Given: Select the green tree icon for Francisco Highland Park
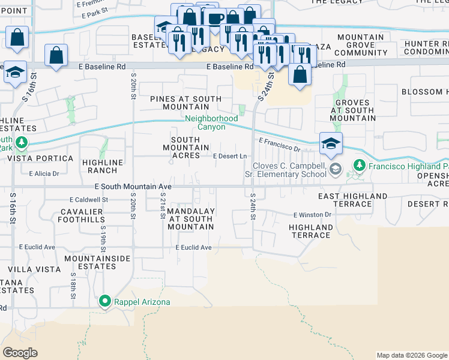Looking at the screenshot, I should (x=359, y=164).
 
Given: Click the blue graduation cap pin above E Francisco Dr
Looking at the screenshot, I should (x=331, y=144).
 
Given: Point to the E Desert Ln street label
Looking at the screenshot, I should (x=231, y=157).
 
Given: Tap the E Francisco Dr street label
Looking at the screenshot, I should (x=279, y=144).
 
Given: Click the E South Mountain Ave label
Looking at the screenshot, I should (x=133, y=187).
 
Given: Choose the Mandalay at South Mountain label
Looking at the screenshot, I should (x=190, y=219).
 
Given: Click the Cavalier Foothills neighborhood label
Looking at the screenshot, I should (x=83, y=215).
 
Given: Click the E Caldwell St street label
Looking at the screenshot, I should (x=88, y=199).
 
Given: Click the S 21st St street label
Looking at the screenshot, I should (x=163, y=206).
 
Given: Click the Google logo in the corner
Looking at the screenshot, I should (x=20, y=353).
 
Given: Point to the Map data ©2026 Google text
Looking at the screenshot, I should (x=411, y=355).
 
